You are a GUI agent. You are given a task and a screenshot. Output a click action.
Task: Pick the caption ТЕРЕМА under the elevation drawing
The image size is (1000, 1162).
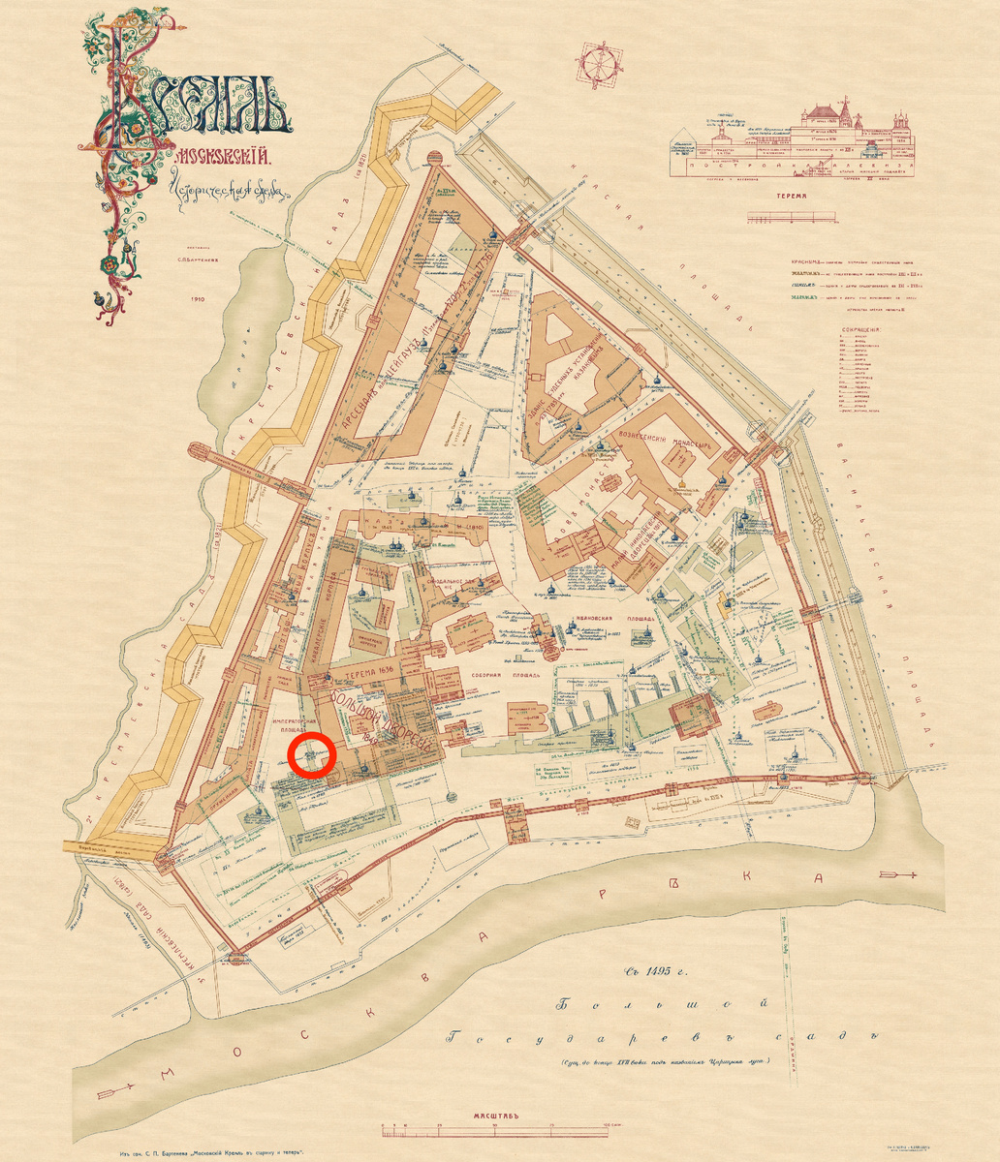(x=792, y=195)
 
